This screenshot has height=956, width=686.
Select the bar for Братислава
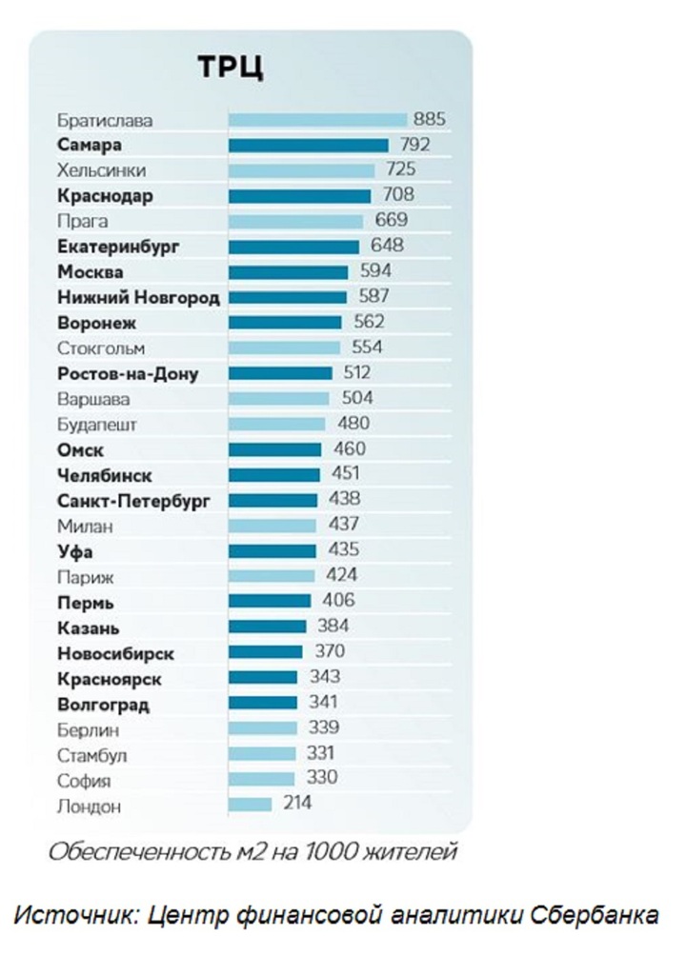317,120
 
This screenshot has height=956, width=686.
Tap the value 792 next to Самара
414,146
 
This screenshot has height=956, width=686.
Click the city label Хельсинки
102,171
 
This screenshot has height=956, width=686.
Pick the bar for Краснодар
299,196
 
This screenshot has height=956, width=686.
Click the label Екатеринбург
118,247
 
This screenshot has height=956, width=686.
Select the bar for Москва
288,272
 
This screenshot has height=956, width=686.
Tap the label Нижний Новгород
138,297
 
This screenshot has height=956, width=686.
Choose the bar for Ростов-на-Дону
280,373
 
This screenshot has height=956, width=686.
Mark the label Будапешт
93,424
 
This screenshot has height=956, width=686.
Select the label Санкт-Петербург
133,499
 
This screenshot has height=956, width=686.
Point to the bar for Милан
272,525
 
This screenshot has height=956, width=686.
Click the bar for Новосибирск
265,652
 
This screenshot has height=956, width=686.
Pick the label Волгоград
104,706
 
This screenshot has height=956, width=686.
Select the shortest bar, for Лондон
250,805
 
